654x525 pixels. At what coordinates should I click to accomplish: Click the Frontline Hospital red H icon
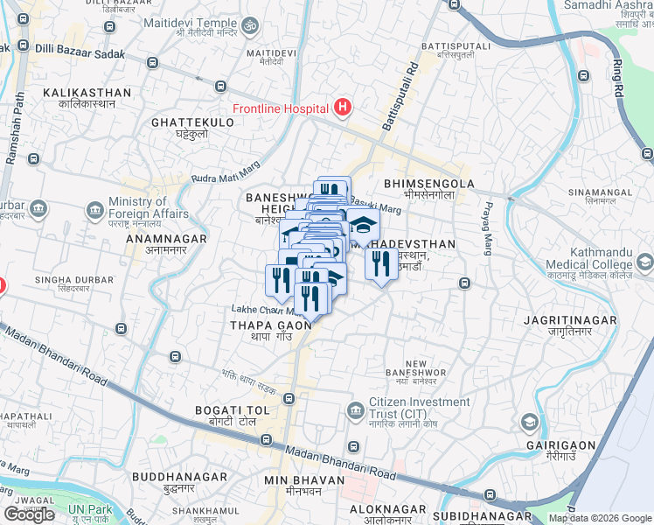(x=343, y=108)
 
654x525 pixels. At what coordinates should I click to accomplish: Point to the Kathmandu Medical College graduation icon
(x=645, y=262)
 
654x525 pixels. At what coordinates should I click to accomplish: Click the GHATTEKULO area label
(x=192, y=122)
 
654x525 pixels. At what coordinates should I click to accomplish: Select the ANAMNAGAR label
(x=166, y=238)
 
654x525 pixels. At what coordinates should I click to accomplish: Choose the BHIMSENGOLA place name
(x=428, y=184)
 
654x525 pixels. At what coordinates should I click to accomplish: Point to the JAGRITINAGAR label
(x=560, y=321)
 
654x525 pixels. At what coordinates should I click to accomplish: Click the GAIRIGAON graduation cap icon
(x=529, y=423)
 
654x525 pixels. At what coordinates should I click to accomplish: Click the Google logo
(x=29, y=514)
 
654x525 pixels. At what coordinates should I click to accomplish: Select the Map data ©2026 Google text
(x=600, y=518)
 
